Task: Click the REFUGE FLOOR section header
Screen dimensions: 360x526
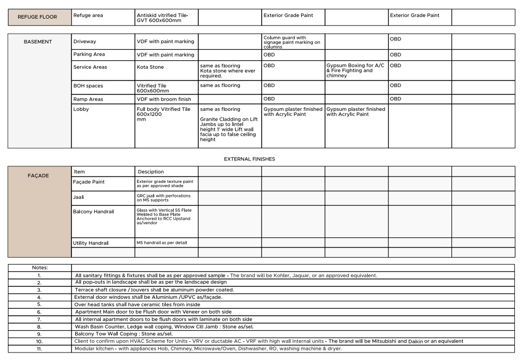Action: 37,17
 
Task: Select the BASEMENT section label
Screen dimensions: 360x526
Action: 38,42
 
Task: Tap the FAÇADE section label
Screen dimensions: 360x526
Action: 38,175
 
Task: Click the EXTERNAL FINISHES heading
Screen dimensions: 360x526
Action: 249,159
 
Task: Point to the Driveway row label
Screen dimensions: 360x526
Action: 85,42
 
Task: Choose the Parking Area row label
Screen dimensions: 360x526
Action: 89,54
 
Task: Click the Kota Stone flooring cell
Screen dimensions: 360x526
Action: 150,67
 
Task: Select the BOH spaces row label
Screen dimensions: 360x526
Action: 88,86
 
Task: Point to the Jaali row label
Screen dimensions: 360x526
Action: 78,197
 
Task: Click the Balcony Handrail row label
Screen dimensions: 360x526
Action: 93,212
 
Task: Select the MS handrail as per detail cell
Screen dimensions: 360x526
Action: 161,243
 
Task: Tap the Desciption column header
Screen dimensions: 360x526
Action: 151,172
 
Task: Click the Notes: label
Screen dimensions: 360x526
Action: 39,267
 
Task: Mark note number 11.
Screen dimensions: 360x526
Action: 39,348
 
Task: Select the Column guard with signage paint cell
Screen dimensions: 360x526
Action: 292,42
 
